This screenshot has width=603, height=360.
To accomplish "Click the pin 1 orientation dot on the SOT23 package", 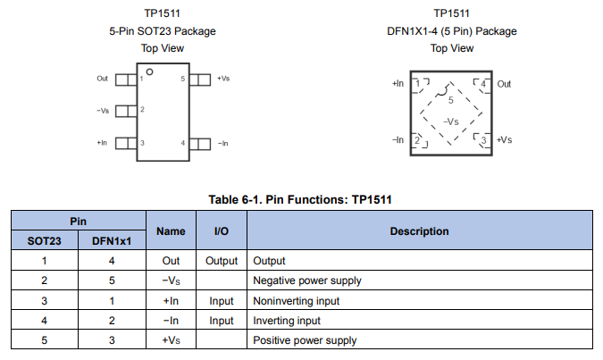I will pyautogui.click(x=150, y=71).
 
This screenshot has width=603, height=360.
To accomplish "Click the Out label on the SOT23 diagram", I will pyautogui.click(x=102, y=79).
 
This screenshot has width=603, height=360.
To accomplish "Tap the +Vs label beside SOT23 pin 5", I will pyautogui.click(x=223, y=79).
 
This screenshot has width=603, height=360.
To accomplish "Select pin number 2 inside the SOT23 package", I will pyautogui.click(x=142, y=110).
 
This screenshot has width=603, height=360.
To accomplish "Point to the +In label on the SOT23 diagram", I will pyautogui.click(x=102, y=143).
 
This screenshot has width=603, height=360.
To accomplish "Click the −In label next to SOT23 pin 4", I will pyautogui.click(x=223, y=143).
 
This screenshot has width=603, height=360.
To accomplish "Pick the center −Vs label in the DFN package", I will pyautogui.click(x=451, y=121).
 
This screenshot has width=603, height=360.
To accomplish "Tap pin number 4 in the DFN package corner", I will pyautogui.click(x=483, y=85).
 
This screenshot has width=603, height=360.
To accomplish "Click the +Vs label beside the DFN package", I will pyautogui.click(x=505, y=140).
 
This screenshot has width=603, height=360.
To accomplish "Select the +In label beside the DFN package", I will pyautogui.click(x=398, y=84).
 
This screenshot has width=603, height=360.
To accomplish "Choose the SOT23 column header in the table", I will pyautogui.click(x=44, y=241).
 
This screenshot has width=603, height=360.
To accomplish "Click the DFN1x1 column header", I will pyautogui.click(x=112, y=241).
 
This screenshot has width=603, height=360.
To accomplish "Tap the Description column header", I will pyautogui.click(x=419, y=231).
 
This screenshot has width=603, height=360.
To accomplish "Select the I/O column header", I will pyautogui.click(x=222, y=231).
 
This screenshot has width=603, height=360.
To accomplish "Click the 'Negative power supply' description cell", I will pyautogui.click(x=307, y=280).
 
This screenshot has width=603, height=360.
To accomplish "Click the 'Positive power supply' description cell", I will pyautogui.click(x=305, y=340).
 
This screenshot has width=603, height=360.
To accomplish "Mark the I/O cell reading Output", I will pyautogui.click(x=222, y=261).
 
